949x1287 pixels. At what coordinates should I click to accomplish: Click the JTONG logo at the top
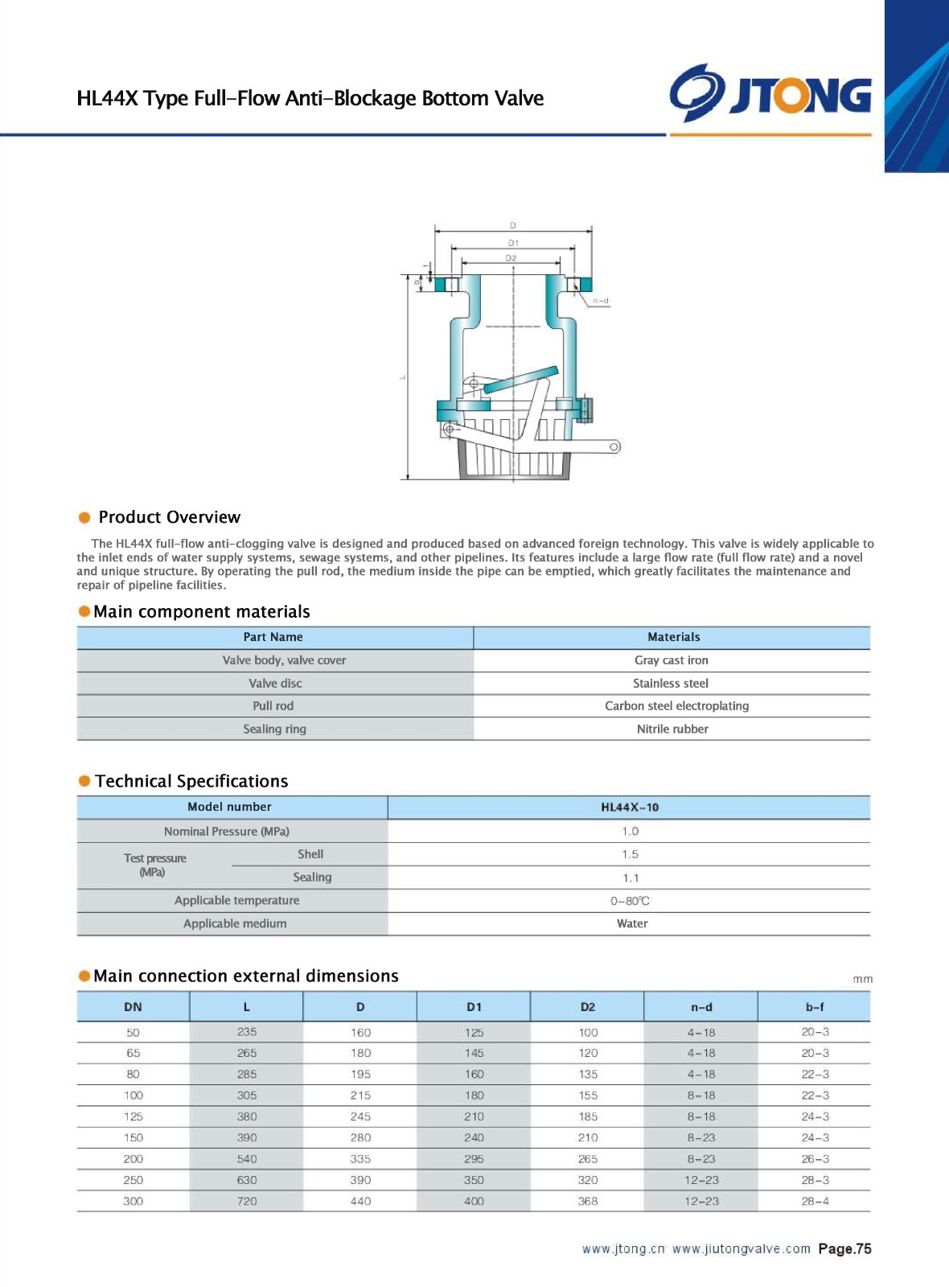click(x=770, y=93)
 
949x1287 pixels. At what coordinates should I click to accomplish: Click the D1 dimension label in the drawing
click(x=513, y=242)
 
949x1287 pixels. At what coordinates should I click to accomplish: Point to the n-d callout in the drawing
click(x=601, y=301)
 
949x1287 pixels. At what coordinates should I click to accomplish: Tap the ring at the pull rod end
click(x=614, y=446)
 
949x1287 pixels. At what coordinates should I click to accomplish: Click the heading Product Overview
click(x=169, y=517)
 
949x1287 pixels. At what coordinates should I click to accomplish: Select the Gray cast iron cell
click(x=672, y=660)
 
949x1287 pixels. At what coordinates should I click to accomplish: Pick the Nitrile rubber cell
click(x=672, y=730)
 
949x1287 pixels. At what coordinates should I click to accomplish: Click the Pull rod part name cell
click(x=273, y=706)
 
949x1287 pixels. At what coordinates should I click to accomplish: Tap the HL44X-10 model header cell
click(x=630, y=808)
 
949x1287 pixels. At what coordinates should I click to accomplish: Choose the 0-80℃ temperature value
click(x=630, y=901)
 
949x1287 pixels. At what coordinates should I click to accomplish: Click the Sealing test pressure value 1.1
click(x=631, y=878)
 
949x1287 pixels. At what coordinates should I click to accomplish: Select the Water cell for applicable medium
click(x=632, y=924)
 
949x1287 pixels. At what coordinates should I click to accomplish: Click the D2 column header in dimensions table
click(x=588, y=1007)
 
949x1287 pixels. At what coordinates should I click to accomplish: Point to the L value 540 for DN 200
click(x=247, y=1159)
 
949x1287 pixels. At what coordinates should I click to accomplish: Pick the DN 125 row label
click(x=134, y=1116)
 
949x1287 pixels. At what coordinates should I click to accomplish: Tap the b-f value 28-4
click(x=815, y=1201)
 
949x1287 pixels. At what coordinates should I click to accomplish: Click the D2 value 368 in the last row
click(x=588, y=1201)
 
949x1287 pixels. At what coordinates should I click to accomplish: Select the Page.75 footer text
click(x=844, y=1249)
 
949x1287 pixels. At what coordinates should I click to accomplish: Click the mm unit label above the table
click(x=862, y=979)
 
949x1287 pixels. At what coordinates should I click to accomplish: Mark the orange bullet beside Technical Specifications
click(x=84, y=781)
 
